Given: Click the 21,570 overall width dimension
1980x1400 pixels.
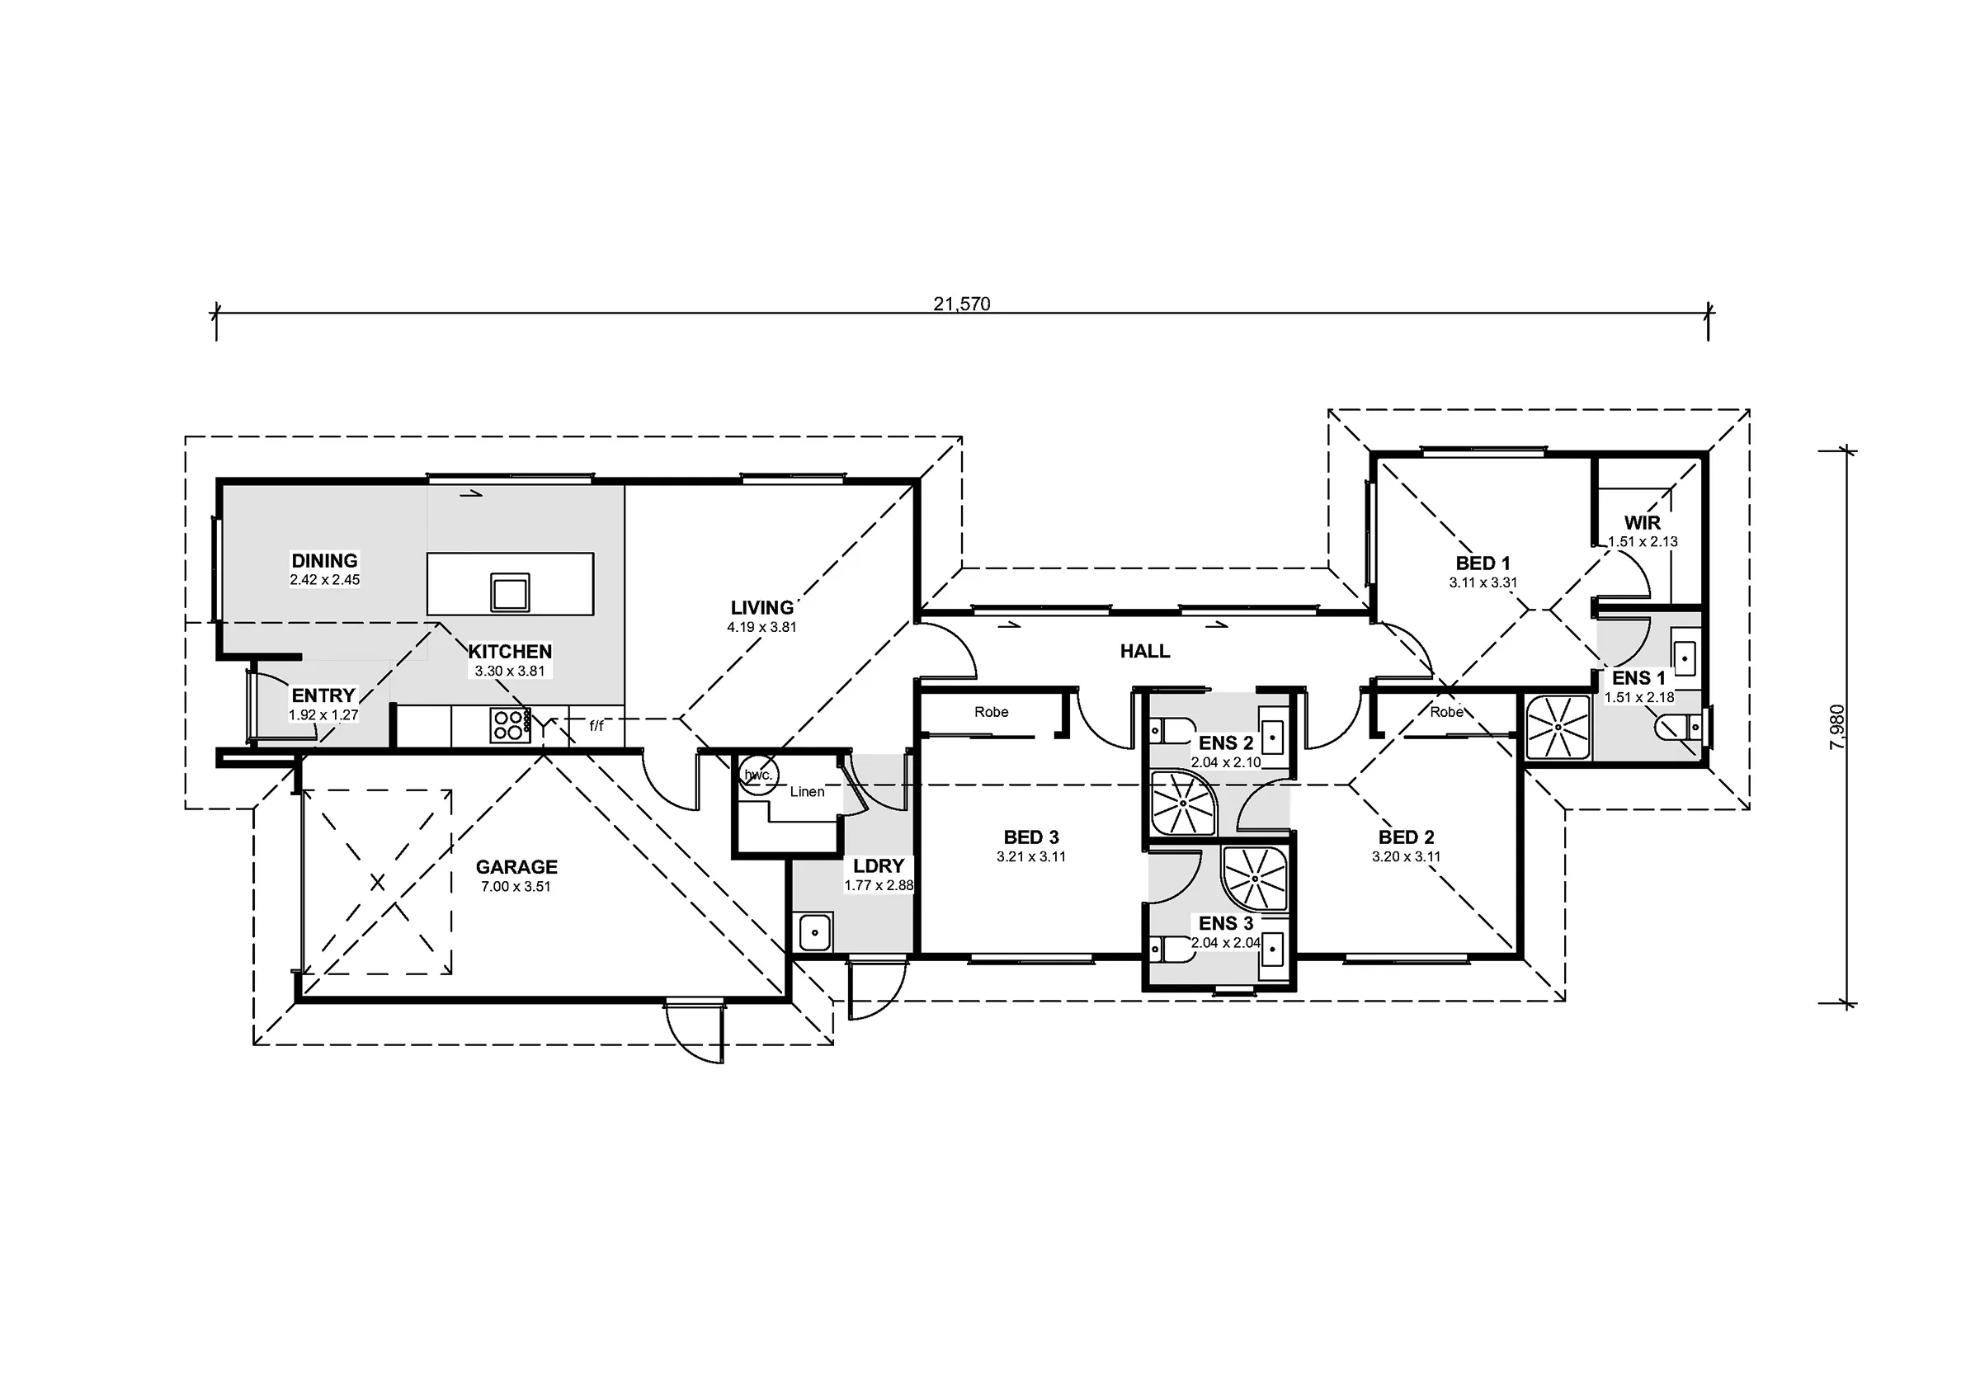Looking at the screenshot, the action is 962,304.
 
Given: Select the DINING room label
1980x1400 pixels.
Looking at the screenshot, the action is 324,561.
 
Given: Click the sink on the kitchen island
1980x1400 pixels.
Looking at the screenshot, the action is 510,592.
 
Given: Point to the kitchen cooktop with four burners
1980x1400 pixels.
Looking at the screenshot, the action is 510,725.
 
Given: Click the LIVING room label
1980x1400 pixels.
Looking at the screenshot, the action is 762,608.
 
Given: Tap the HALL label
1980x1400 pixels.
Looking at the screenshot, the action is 1145,651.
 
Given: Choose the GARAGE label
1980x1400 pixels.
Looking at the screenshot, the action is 516,867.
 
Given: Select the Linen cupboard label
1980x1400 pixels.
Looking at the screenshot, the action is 807,792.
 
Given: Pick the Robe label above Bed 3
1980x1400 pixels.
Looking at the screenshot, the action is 992,713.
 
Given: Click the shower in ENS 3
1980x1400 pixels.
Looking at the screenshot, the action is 1255,879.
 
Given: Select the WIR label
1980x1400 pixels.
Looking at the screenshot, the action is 1642,523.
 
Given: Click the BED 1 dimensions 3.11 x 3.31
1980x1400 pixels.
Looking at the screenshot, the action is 1483,583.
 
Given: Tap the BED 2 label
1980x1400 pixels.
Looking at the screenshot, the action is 1407,837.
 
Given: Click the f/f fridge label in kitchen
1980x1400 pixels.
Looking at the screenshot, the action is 596,726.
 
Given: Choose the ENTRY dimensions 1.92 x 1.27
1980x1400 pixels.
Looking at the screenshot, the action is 323,715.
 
